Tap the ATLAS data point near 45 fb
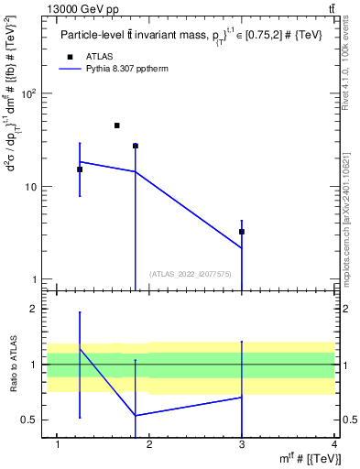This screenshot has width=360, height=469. click(x=117, y=125)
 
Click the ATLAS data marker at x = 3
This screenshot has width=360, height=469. click(x=242, y=232)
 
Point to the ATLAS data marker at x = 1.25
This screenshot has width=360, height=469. click(x=80, y=169)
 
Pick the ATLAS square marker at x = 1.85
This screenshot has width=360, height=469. click(x=136, y=146)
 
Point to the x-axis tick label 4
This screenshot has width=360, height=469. click(x=334, y=445)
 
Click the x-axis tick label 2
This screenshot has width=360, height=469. click(x=149, y=445)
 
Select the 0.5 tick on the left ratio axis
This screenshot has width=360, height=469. click(x=30, y=420)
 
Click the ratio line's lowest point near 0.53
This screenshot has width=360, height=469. click(x=136, y=416)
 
